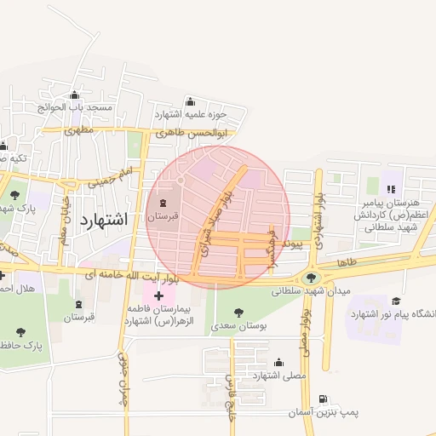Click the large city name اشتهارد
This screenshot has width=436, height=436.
click(x=103, y=219)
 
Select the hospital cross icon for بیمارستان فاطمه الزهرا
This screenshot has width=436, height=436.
click(x=158, y=295)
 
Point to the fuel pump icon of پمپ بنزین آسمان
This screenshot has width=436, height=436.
click(x=322, y=399)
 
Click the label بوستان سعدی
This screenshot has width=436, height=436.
click(x=238, y=325)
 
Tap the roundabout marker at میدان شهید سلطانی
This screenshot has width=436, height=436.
click(x=310, y=277)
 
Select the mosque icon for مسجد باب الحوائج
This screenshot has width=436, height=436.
click(x=75, y=95)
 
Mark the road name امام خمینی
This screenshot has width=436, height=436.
click(x=112, y=177)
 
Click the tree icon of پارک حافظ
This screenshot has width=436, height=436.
click(x=20, y=331)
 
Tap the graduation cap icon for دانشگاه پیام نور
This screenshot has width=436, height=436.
click(x=395, y=301)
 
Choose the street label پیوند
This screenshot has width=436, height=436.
click(x=292, y=244)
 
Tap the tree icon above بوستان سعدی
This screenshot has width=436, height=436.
click(x=238, y=312)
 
